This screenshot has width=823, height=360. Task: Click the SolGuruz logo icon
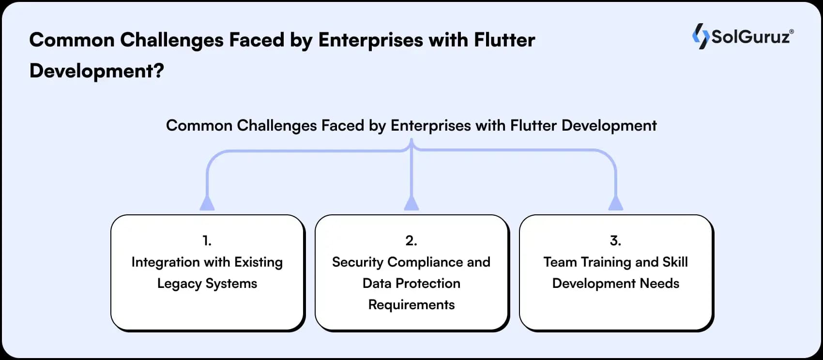point(700,36)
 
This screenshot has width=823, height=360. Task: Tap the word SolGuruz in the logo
point(750,37)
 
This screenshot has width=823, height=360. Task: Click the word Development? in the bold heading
point(96,71)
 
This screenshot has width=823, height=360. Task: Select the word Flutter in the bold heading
point(504,40)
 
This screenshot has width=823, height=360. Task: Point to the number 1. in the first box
point(207,240)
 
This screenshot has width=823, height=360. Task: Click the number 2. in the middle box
point(411,240)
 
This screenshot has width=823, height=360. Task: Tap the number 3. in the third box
point(615,240)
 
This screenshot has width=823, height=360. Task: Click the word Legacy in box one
point(179,284)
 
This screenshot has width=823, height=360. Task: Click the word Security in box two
point(357,262)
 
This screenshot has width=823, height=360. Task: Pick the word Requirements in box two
point(411,305)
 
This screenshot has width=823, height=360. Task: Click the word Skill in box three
point(675,262)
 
